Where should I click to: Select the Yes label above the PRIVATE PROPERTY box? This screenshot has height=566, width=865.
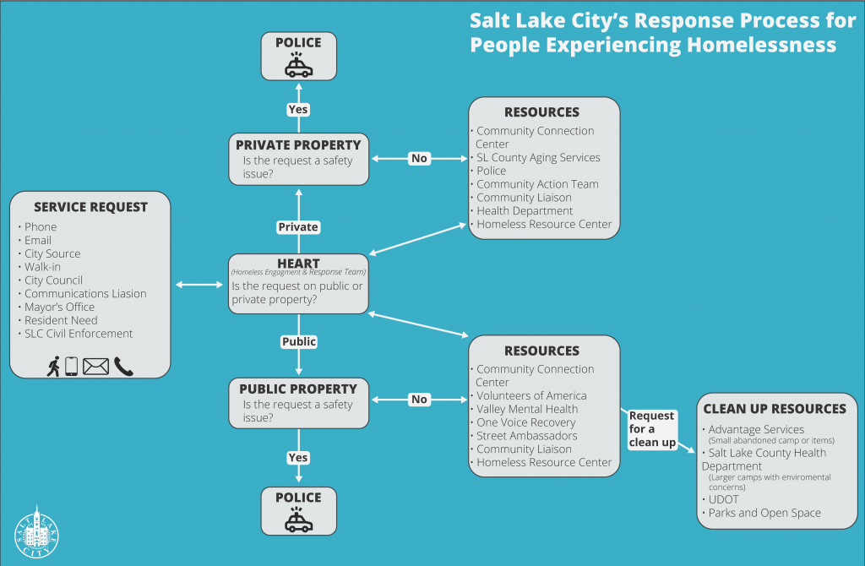point(298,109)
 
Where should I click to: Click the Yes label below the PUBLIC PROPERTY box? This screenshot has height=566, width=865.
point(298,457)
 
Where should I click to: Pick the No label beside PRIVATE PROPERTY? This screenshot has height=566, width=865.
point(419,158)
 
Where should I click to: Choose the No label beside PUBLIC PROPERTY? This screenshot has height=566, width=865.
point(419,399)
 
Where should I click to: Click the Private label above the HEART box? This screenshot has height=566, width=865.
point(298,226)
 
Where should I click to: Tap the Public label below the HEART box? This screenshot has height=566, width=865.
point(298,341)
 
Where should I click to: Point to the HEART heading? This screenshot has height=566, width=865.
point(298,263)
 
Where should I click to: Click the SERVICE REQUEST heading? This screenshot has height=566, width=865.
point(90,207)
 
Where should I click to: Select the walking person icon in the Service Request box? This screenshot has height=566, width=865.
point(53,366)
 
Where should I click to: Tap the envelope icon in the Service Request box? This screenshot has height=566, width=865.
point(95,366)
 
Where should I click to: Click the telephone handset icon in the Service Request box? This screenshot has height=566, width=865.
point(123,366)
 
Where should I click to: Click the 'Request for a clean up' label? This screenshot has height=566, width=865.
point(652,429)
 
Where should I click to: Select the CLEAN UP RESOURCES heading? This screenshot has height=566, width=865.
point(775,409)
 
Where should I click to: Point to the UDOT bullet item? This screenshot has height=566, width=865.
point(723,499)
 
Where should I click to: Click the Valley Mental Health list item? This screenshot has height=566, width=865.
point(527,409)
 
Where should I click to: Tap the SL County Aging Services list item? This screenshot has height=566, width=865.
point(538,157)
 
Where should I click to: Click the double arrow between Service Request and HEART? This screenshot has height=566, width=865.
point(200,285)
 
